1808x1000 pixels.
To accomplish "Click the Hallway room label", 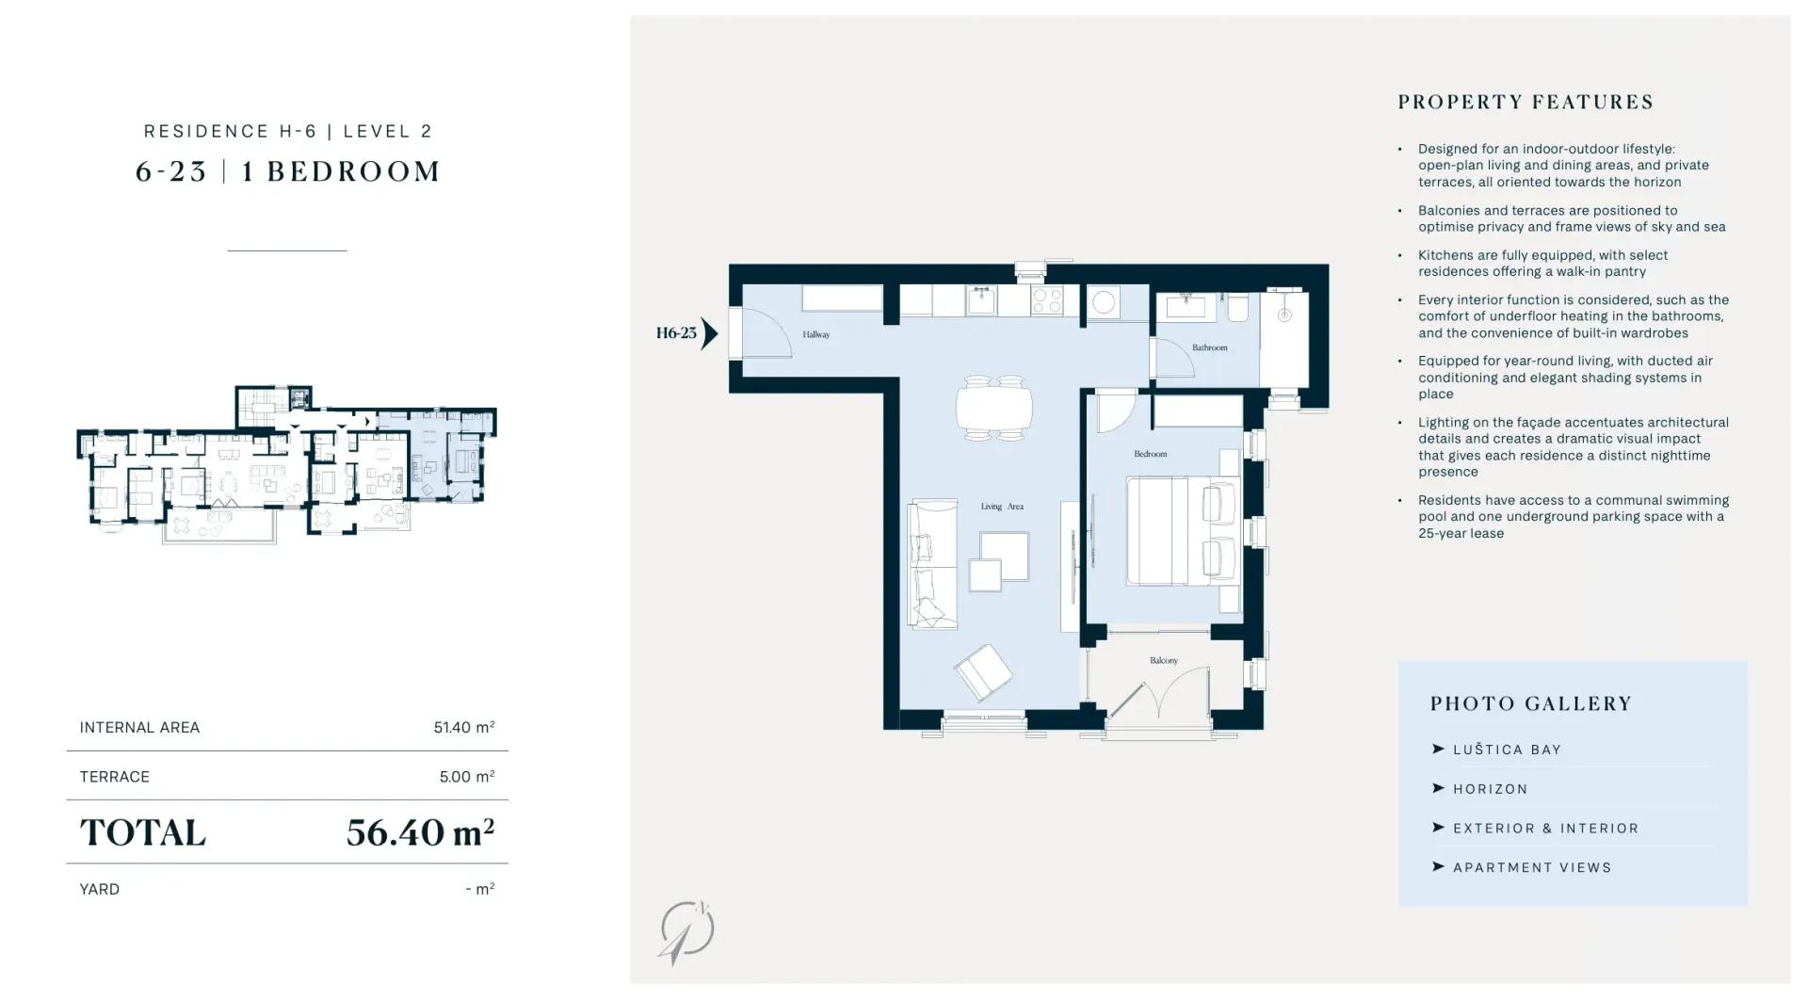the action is pos(815,334).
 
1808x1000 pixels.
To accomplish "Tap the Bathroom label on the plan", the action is pos(1209,347).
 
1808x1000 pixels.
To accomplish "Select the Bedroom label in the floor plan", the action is pos(1150,454).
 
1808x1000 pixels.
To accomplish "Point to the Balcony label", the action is pos(1164,660).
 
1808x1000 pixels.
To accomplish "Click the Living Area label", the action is pos(1002,507).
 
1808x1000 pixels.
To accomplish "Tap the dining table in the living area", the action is pos(994,408).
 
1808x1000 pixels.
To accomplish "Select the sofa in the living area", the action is pos(932,563).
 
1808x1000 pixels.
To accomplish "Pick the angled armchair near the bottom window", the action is pos(983,671).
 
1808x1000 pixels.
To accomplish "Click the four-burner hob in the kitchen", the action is pos(1047,300).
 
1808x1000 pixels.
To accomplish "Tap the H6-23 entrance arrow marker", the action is pos(709,333).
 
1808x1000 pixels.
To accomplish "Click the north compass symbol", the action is pos(686,932).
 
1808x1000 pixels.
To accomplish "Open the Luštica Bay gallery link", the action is pos(1507,750).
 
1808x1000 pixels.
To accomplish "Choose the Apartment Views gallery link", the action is pos(1532,867).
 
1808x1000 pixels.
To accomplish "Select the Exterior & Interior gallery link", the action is pos(1545,829).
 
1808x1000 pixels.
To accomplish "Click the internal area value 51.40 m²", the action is pos(464,727).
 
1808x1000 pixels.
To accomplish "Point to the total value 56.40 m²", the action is pos(420,831).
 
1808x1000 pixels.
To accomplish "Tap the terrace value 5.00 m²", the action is pos(467,777).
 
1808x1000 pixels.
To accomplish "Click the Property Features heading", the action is pos(1525,102).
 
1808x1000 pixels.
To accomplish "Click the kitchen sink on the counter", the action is pos(981,300).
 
